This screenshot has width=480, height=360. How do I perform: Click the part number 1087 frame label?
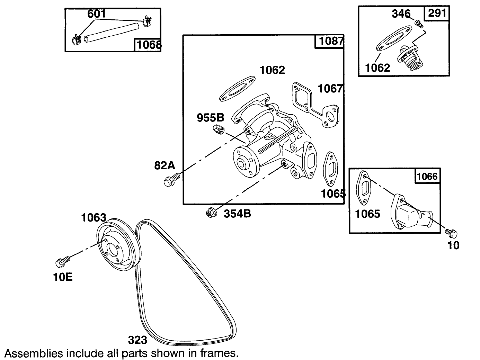pyautogui.click(x=329, y=41)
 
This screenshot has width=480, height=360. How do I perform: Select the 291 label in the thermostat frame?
pyautogui.click(x=437, y=13)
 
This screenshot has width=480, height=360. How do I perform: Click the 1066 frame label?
pyautogui.click(x=427, y=177)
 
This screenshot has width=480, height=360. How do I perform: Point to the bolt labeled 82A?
pyautogui.click(x=171, y=180)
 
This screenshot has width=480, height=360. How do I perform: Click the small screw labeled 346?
pyautogui.click(x=418, y=24)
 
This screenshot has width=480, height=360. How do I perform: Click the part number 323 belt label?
pyautogui.click(x=137, y=340)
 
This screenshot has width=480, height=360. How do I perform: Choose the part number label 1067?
pyautogui.click(x=330, y=89)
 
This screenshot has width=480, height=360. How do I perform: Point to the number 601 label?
pyautogui.click(x=97, y=14)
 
